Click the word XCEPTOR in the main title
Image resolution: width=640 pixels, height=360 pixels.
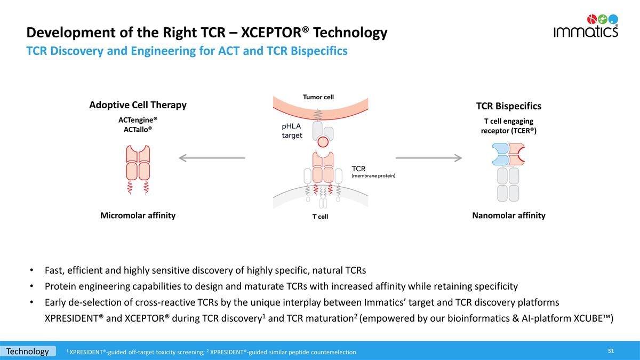[x=271, y=33]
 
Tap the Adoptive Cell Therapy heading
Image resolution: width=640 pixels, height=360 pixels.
[x=138, y=105]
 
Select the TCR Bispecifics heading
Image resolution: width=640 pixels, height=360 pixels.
[x=509, y=106]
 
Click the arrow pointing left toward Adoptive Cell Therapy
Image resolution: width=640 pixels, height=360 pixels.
[x=212, y=158]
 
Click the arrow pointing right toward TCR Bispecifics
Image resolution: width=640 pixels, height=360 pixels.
[x=429, y=158]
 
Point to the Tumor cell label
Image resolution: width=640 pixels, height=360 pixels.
[x=318, y=97]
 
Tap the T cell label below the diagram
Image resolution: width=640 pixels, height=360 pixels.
[x=320, y=217]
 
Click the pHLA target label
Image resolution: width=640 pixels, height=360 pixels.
[x=292, y=131]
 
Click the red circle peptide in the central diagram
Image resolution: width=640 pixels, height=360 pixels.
[x=323, y=142]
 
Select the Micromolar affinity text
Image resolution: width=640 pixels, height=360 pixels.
[x=138, y=215]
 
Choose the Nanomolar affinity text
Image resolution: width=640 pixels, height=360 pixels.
[x=509, y=215]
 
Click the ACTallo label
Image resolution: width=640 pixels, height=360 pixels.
[x=138, y=130]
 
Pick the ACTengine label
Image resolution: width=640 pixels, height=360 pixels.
[x=138, y=120]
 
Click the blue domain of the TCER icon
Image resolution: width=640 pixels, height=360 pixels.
[x=500, y=154]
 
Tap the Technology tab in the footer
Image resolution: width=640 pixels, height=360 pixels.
[x=28, y=351]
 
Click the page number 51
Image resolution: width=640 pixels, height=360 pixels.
[x=611, y=351]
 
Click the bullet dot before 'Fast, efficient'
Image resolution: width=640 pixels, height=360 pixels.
[x=31, y=270]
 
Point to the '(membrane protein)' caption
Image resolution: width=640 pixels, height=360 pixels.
[x=373, y=175]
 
